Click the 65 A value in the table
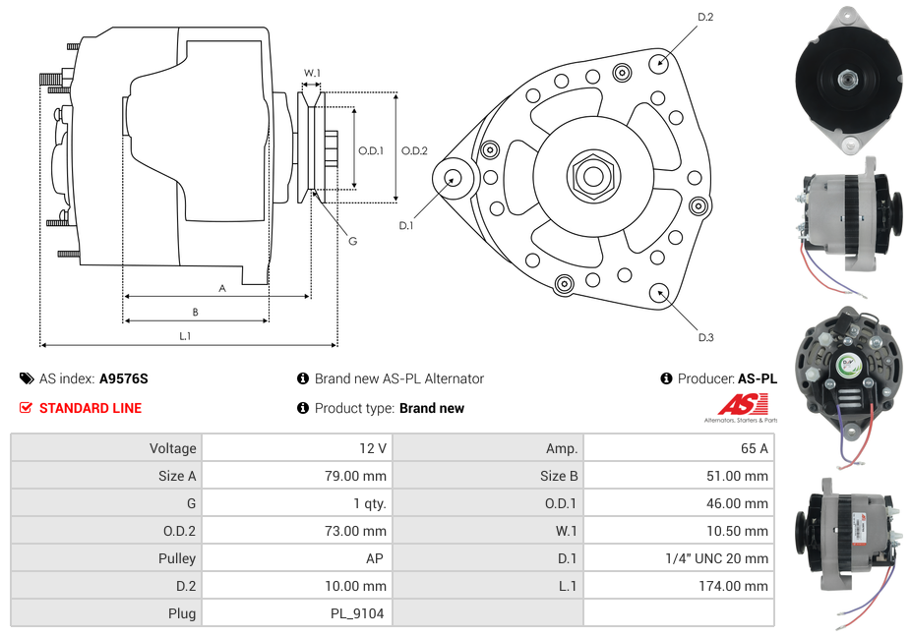(x=754, y=448)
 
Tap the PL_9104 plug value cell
(x=357, y=613)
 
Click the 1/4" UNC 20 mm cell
(x=717, y=558)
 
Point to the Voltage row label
(x=172, y=448)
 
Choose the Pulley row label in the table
(x=177, y=558)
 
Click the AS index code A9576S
(x=124, y=378)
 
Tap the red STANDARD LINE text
(x=91, y=408)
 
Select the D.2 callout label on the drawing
(x=705, y=18)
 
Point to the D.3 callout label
(x=705, y=337)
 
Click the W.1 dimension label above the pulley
(x=311, y=73)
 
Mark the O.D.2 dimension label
(x=414, y=150)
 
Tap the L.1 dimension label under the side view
(x=185, y=336)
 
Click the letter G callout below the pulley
(x=352, y=242)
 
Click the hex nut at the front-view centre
(x=593, y=176)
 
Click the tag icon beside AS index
(x=27, y=378)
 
